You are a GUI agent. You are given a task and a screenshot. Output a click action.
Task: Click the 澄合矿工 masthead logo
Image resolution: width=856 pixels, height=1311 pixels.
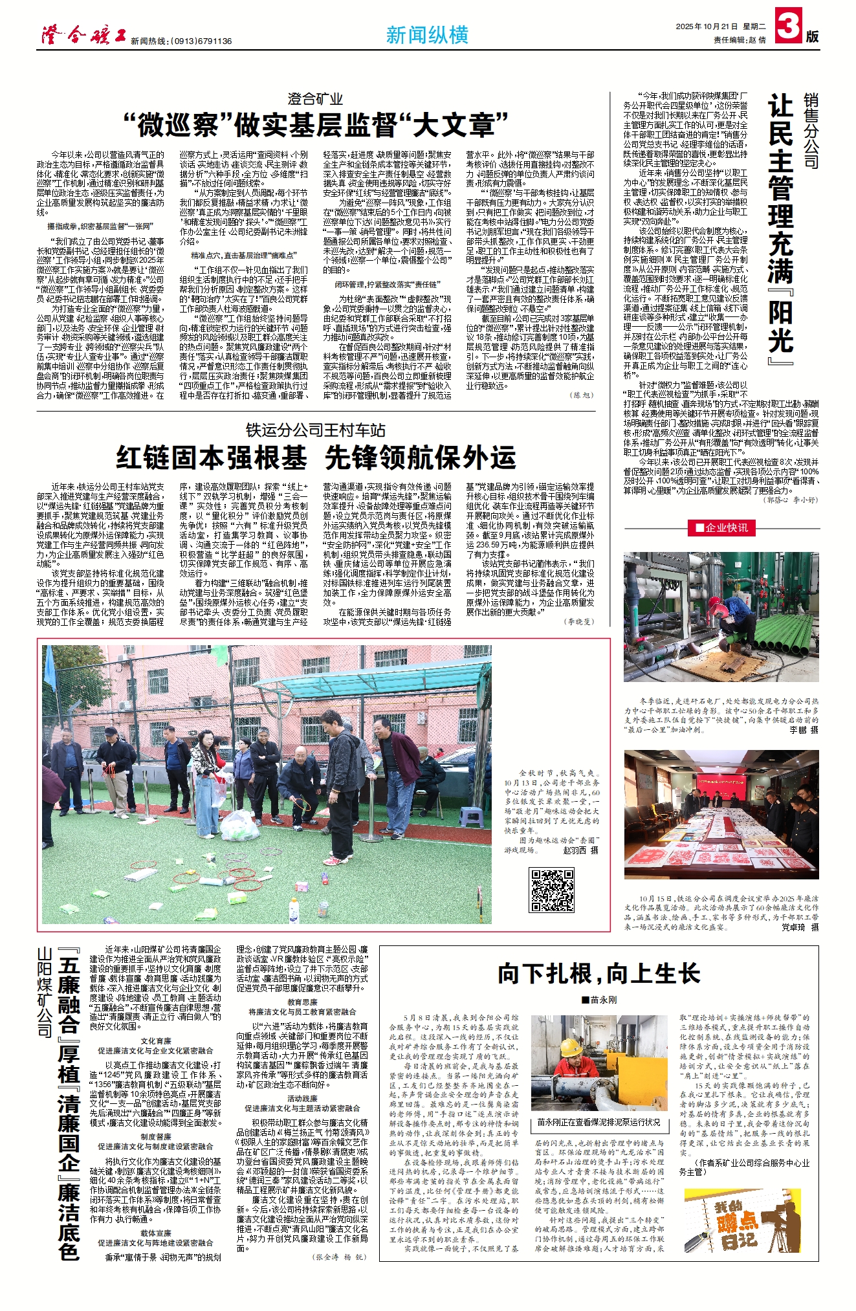click(x=83, y=36)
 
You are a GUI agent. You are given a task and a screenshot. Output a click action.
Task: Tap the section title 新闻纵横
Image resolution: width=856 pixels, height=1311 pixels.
click(x=427, y=35)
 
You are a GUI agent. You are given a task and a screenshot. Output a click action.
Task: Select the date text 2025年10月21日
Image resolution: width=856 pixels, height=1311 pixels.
click(x=707, y=27)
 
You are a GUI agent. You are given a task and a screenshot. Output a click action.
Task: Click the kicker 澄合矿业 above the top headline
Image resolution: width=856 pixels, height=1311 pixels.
click(x=315, y=99)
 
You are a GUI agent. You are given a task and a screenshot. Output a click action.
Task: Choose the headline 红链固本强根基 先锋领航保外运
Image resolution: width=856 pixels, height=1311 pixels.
click(x=316, y=458)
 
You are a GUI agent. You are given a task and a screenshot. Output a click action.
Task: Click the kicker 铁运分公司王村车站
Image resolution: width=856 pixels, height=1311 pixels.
click(x=315, y=430)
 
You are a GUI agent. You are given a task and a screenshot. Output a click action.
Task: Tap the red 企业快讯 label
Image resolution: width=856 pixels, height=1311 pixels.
click(x=721, y=528)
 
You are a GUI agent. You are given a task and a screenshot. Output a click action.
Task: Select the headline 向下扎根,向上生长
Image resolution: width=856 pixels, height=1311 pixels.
click(x=598, y=974)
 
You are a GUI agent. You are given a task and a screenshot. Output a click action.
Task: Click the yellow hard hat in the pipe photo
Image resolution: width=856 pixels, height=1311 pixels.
click(x=570, y=1048)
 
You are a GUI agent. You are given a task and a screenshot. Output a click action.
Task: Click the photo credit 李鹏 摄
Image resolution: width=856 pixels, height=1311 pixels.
click(x=804, y=729)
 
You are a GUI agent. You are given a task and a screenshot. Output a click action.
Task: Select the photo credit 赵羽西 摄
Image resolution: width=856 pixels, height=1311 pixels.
click(x=581, y=850)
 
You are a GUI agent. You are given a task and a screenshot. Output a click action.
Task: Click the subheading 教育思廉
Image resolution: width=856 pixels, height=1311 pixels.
click(x=302, y=1002)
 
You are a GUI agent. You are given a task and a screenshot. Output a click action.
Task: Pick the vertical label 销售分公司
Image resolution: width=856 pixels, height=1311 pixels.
click(x=811, y=130)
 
